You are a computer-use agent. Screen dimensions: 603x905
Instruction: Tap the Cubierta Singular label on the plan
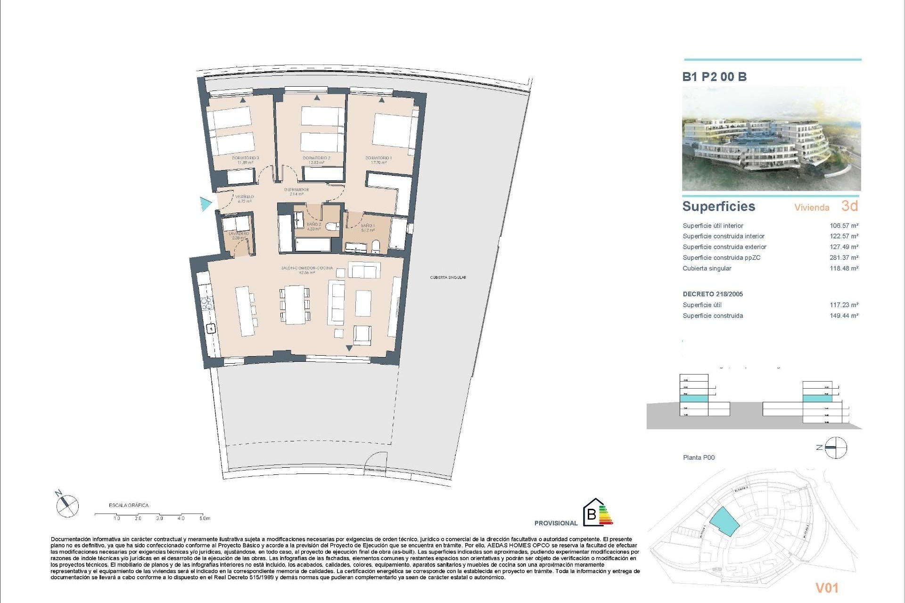(x=448, y=277)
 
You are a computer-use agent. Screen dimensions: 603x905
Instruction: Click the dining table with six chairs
(x=296, y=304)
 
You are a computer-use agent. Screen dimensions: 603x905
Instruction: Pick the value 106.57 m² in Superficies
(x=844, y=226)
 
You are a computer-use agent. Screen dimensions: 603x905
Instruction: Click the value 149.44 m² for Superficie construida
(x=844, y=316)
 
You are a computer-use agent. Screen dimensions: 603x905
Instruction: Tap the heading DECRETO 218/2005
(x=713, y=294)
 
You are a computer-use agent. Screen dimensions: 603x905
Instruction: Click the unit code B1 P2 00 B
(x=714, y=77)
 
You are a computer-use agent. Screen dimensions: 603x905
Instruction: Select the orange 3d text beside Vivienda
(x=849, y=206)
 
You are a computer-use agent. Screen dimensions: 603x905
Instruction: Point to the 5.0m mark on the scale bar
(x=204, y=518)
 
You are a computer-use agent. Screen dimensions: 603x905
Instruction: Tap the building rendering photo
(x=771, y=139)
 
